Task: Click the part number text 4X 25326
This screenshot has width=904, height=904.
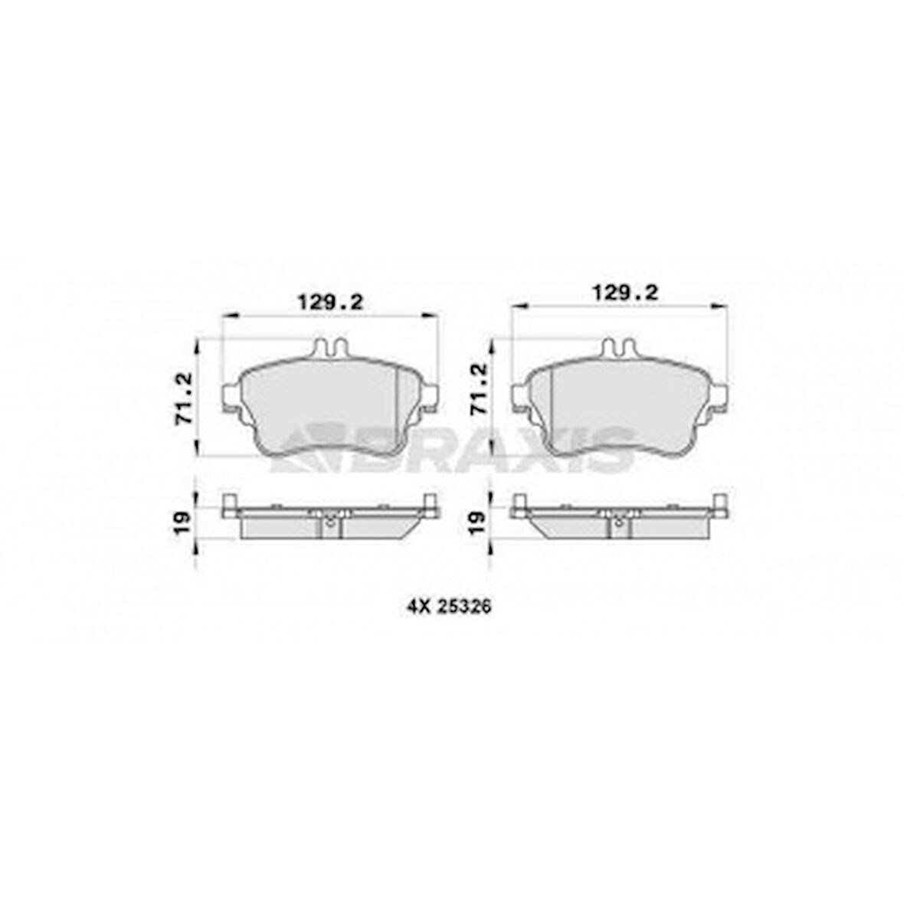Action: click(448, 607)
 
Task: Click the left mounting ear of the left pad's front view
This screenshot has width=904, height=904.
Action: click(230, 397)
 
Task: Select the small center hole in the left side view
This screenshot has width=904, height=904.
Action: click(329, 524)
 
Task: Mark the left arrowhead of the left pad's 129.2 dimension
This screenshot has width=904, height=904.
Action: click(226, 314)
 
